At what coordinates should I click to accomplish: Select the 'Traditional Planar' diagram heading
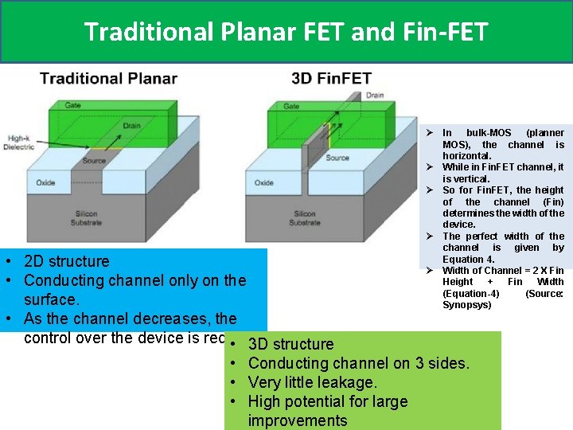(x=108, y=78)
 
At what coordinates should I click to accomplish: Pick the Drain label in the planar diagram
(x=132, y=126)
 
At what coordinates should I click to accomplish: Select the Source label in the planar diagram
(x=94, y=160)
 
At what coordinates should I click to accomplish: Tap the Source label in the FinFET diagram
(x=337, y=158)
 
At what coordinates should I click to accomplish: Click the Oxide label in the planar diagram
(x=45, y=182)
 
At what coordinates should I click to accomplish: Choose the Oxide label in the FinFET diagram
(x=264, y=182)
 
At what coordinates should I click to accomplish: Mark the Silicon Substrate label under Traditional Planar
(x=86, y=218)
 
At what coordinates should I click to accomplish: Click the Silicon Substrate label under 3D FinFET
(x=305, y=218)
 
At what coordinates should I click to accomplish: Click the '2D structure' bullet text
(x=67, y=261)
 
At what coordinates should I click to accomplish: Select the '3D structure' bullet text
(x=290, y=344)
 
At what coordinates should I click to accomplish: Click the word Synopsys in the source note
(x=466, y=305)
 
